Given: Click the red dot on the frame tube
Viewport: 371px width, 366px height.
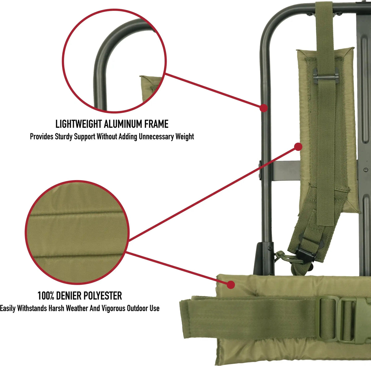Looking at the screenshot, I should (263, 108).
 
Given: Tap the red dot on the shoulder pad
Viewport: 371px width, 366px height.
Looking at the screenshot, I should (298, 146).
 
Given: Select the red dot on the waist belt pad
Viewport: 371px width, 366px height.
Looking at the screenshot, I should (230, 284).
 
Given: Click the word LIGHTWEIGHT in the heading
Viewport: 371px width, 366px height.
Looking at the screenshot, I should (79, 124).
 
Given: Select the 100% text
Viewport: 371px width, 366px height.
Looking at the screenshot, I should (46, 296).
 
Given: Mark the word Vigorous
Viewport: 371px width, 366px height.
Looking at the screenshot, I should (113, 308).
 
